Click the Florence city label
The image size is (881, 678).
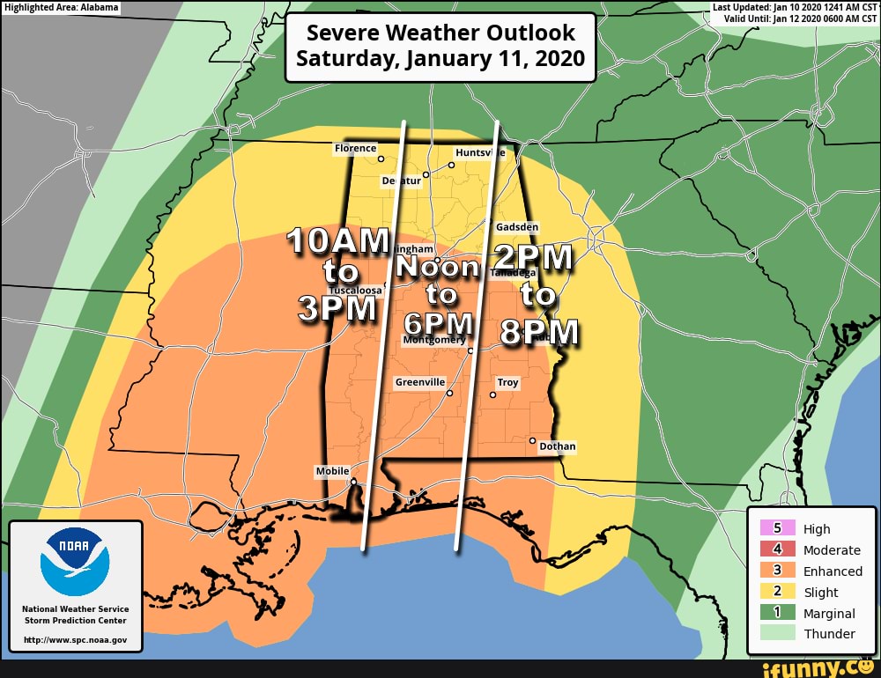click(355, 148)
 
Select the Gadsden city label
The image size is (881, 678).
click(517, 226)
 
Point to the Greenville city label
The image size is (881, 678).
click(420, 382)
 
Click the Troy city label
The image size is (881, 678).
click(507, 382)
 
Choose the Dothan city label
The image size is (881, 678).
click(557, 446)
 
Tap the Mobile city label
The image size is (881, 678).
click(332, 471)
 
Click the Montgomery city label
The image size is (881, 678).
click(433, 340)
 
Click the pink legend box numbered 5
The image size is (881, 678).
click(778, 528)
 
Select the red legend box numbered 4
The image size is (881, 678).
click(778, 549)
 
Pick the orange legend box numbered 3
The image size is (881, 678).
click(778, 571)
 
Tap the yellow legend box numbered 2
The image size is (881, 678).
click(778, 592)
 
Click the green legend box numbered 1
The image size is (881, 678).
click(778, 613)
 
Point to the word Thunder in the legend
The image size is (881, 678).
click(829, 634)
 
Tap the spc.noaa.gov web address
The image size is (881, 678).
click(75, 639)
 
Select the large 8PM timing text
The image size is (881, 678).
click(539, 333)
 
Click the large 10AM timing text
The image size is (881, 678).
click(338, 240)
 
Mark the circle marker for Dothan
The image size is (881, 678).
click(532, 439)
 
